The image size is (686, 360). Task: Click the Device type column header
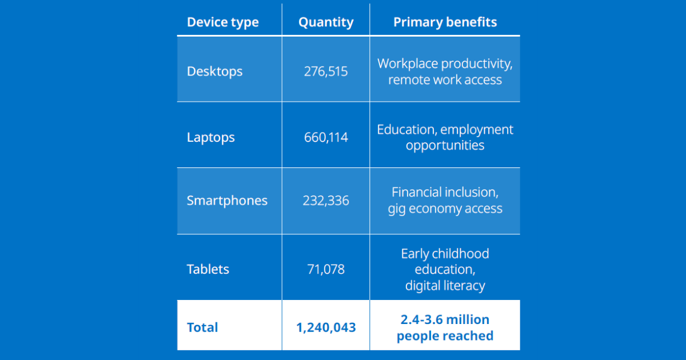(x=222, y=22)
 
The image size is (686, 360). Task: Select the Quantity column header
(x=326, y=22)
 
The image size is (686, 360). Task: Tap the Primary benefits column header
(x=445, y=22)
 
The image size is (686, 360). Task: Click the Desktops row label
(x=214, y=71)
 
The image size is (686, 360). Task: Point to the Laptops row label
(x=210, y=137)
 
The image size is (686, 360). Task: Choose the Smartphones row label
(x=227, y=201)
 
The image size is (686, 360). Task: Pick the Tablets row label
(x=208, y=269)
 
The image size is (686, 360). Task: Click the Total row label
(x=202, y=327)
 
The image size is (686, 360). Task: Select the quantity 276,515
(x=326, y=72)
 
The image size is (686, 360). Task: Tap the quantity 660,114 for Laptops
(x=326, y=138)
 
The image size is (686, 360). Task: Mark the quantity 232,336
(x=326, y=201)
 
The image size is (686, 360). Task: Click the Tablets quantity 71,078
(x=326, y=269)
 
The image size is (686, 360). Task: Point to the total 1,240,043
(x=326, y=327)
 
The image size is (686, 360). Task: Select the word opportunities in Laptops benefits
(x=445, y=145)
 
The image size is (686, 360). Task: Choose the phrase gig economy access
(x=445, y=209)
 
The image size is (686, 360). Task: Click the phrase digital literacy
(x=445, y=285)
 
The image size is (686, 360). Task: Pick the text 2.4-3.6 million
(x=445, y=319)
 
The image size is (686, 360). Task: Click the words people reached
(x=445, y=335)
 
